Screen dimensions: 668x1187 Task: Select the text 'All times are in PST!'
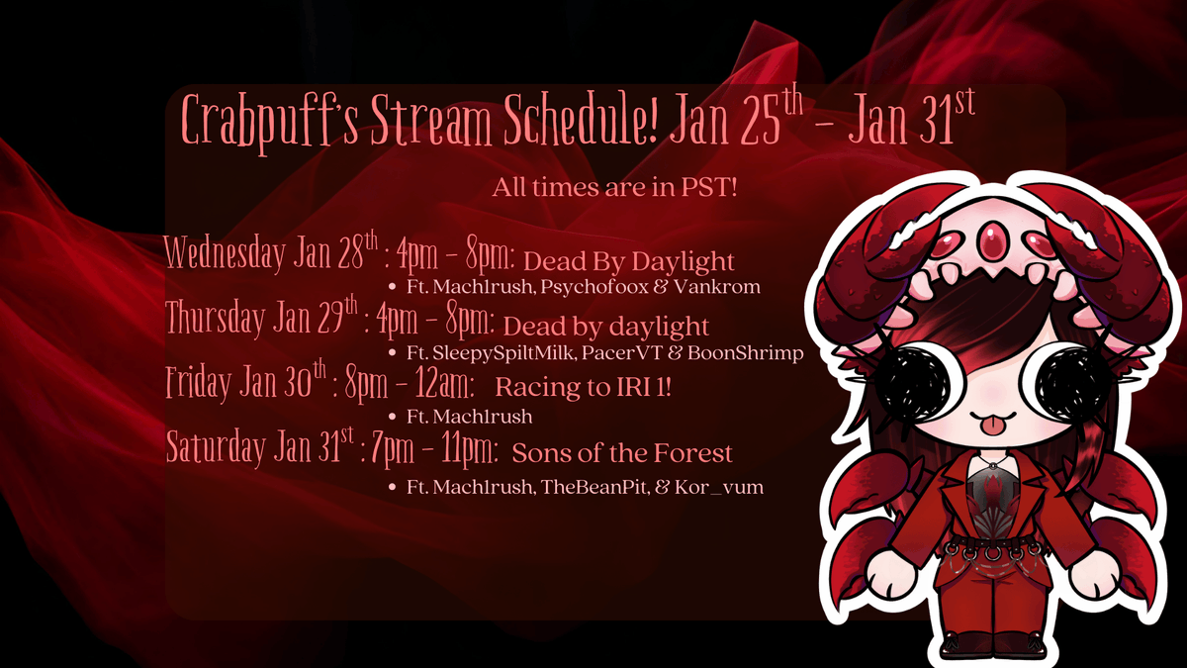pyautogui.click(x=614, y=188)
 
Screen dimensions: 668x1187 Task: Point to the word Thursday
pyautogui.click(x=215, y=320)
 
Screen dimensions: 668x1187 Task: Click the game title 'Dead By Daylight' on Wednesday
pyautogui.click(x=628, y=262)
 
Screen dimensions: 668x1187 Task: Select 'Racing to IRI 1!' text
pyautogui.click(x=583, y=388)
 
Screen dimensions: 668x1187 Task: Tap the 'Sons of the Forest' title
pyautogui.click(x=622, y=453)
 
